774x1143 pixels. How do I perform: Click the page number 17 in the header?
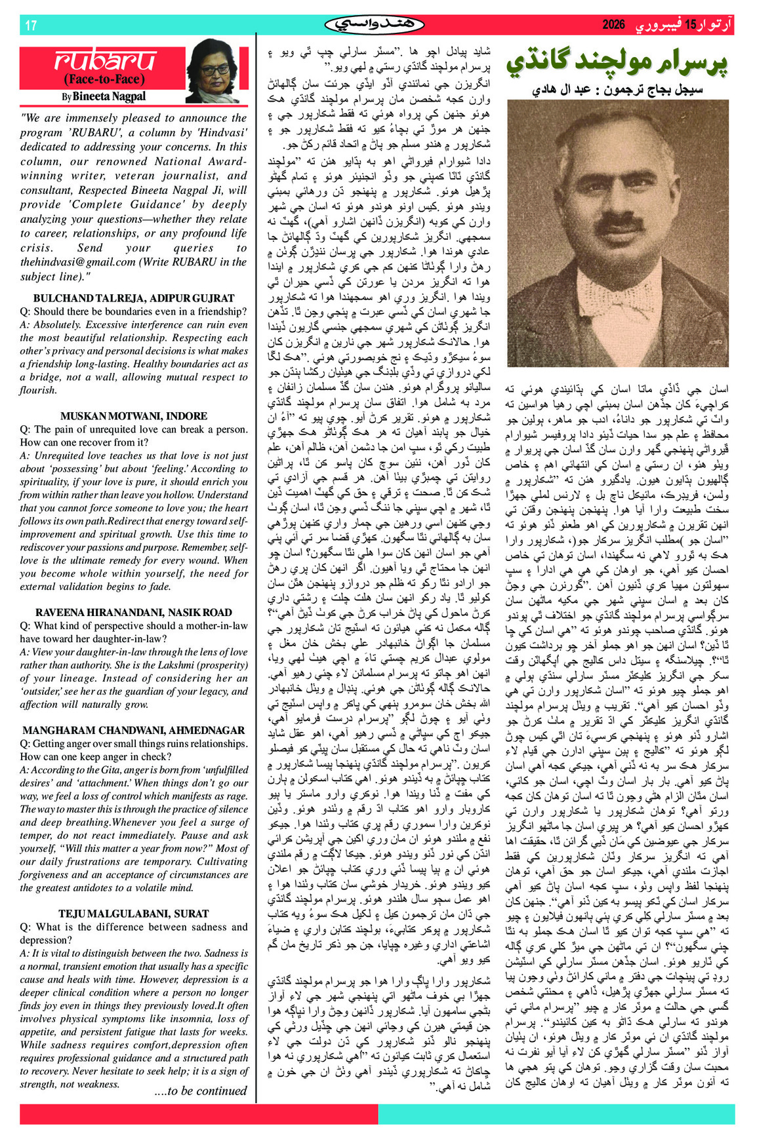click(x=31, y=26)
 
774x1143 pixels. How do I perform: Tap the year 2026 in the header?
click(x=614, y=25)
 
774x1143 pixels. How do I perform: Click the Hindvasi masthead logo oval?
click(x=375, y=25)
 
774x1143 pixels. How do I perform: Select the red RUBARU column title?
click(x=104, y=61)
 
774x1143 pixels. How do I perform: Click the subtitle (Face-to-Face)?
click(x=103, y=80)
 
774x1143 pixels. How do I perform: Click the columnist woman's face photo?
click(x=214, y=69)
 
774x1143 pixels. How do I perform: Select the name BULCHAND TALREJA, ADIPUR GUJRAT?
click(x=134, y=298)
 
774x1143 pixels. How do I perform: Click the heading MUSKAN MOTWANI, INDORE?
click(x=134, y=416)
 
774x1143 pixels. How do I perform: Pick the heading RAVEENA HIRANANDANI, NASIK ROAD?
click(x=134, y=612)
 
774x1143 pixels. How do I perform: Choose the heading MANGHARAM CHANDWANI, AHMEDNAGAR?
click(x=134, y=730)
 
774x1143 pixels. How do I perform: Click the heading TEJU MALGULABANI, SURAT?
click(x=134, y=914)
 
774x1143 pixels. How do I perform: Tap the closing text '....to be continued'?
click(x=200, y=1091)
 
